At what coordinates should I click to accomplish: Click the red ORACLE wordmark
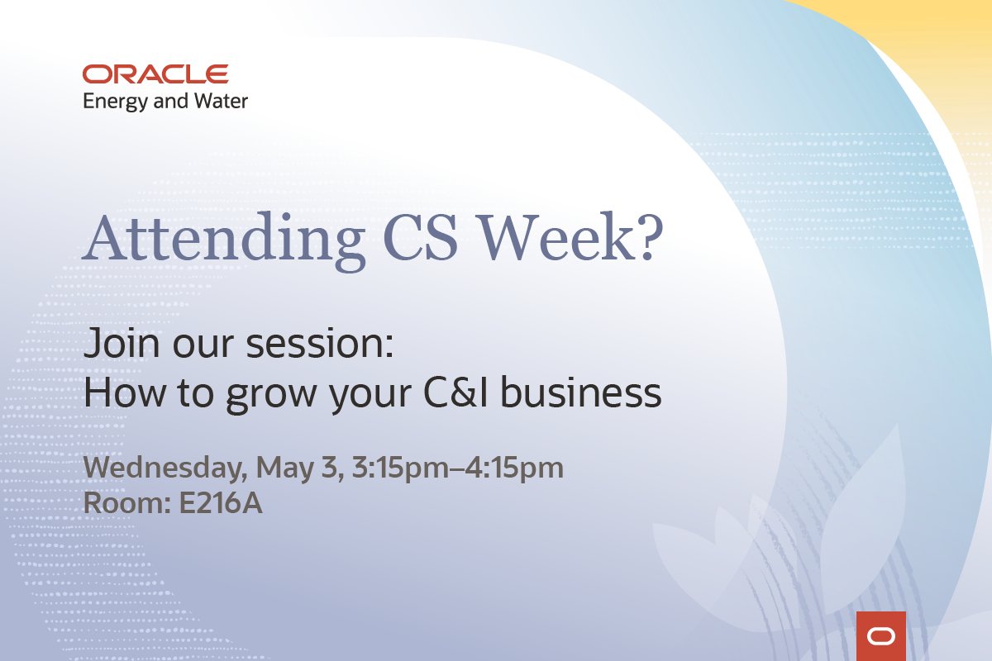coord(155,74)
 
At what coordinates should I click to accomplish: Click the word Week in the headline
coord(565,237)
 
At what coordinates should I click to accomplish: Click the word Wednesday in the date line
coord(163,468)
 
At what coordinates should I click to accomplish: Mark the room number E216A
coord(221,504)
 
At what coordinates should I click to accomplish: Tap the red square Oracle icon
coord(881,636)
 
